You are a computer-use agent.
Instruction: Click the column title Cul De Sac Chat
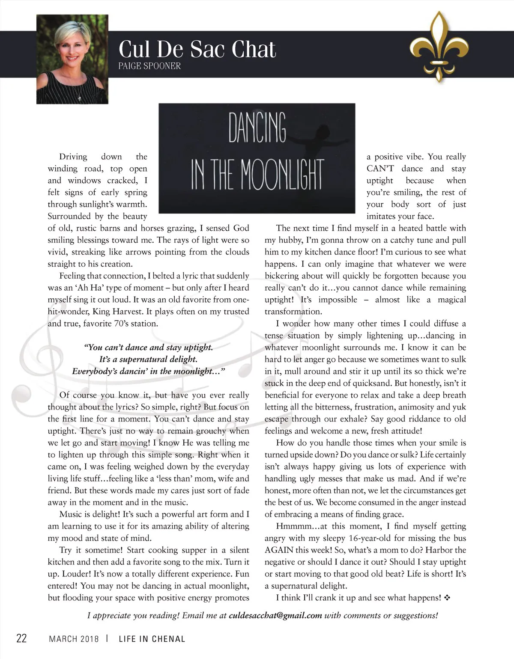coord(197,49)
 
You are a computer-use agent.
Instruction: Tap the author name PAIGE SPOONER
coord(149,66)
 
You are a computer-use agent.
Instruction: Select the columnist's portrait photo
coord(72,59)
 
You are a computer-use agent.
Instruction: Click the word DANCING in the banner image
coord(257,128)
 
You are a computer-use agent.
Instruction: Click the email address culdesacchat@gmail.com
coord(275,616)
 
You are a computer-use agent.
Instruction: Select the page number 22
coord(21,638)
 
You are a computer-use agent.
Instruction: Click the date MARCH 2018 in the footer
coord(74,639)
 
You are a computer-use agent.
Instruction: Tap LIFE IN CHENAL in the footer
coord(152,639)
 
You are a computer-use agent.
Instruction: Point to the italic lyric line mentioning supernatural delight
coord(148,359)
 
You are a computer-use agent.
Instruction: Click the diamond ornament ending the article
coord(448,598)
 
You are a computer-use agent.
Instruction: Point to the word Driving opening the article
coord(73,157)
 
